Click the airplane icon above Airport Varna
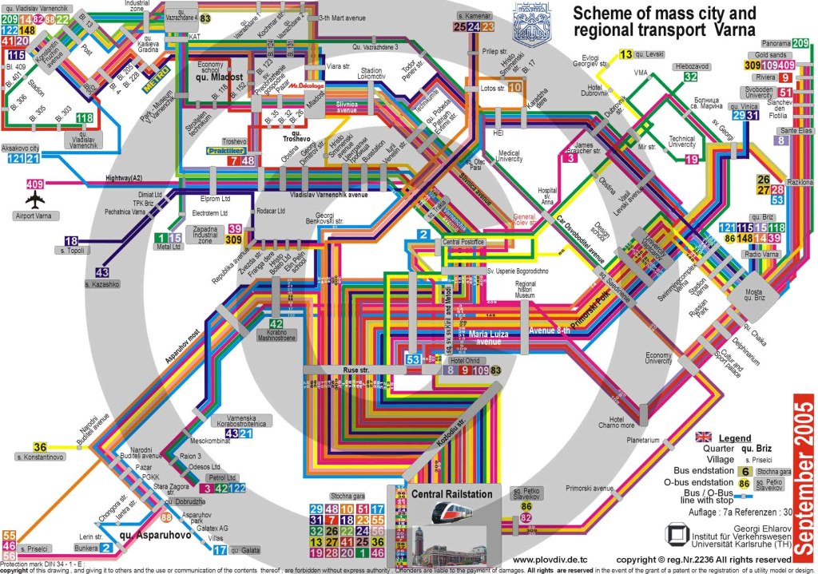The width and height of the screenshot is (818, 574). coord(36,200)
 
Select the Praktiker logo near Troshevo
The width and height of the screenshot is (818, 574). coord(224,149)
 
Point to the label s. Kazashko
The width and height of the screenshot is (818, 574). coord(102,284)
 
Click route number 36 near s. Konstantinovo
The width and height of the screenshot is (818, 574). coord(40,447)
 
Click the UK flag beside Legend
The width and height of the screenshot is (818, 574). coord(704,437)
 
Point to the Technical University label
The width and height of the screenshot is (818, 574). coord(681,142)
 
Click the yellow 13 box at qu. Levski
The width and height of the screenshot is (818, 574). coord(626,55)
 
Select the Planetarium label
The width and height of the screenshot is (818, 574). coord(642,440)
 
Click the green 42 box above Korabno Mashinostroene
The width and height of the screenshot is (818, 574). coord(276,323)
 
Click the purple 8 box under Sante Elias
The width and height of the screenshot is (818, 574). coord(782,141)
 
